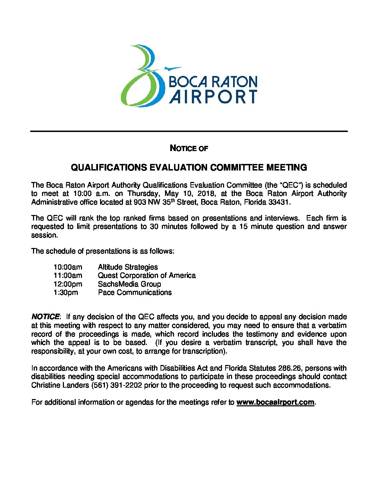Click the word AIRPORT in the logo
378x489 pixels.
(x=213, y=97)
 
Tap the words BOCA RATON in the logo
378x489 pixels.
(x=213, y=82)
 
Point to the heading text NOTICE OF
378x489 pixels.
(x=189, y=148)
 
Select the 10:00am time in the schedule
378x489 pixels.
(x=68, y=267)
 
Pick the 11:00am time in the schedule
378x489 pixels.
(x=68, y=275)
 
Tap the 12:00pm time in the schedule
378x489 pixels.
(x=68, y=284)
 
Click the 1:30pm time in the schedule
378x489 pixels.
(x=66, y=292)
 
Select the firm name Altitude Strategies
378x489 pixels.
(x=128, y=267)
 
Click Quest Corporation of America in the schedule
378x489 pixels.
(x=147, y=275)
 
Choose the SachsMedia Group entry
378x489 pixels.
(x=129, y=284)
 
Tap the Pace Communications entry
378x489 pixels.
(x=135, y=292)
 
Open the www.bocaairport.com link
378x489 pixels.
(x=275, y=402)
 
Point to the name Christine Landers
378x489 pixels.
(x=60, y=385)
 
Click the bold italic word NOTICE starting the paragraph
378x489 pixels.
(x=46, y=317)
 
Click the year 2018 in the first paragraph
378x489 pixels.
(x=206, y=193)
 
